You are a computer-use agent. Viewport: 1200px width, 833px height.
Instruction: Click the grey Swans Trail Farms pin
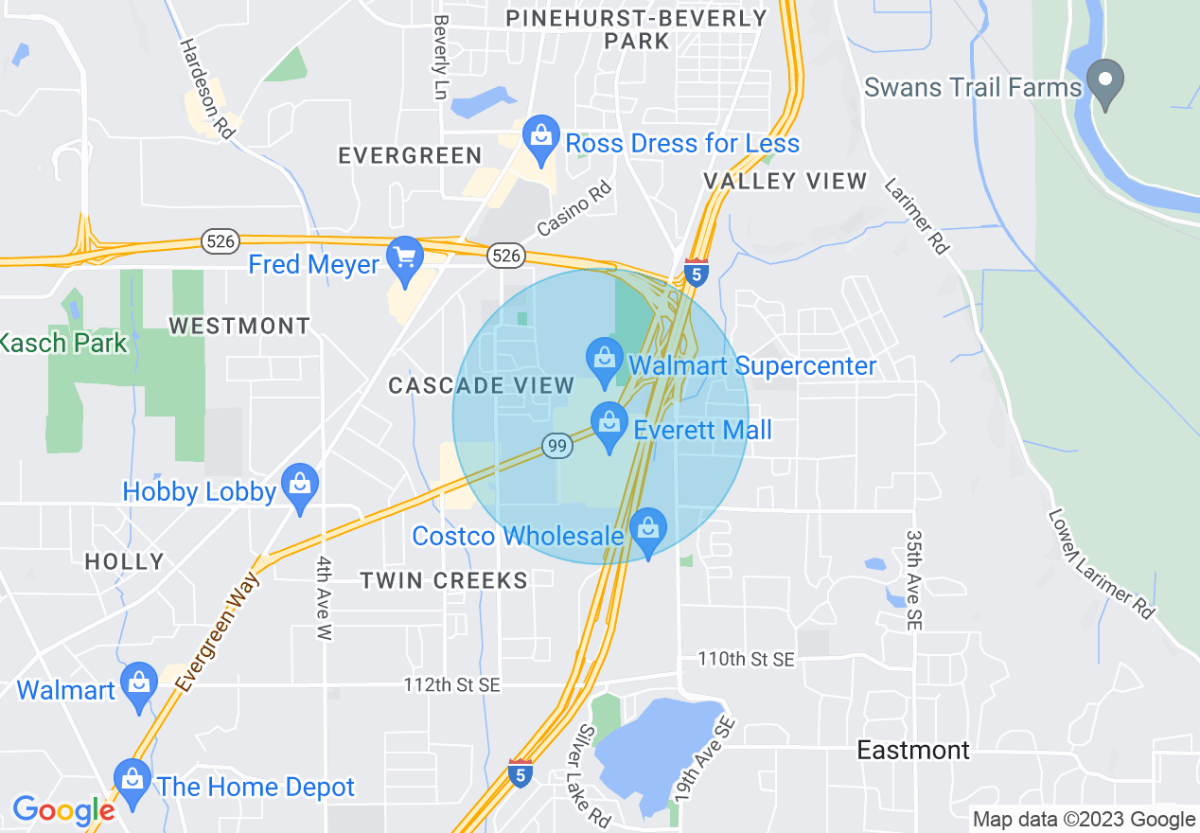point(1104,83)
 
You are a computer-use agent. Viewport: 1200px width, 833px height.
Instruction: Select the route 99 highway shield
point(555,444)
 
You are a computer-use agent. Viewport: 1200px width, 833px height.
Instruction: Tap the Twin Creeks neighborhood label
point(444,580)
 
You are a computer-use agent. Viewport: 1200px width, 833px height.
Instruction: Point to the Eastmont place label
point(913,751)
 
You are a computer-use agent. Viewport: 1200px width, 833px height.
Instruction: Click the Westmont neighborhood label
point(239,327)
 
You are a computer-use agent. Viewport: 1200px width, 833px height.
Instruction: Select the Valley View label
point(785,181)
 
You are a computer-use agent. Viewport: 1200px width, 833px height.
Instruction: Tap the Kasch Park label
point(62,343)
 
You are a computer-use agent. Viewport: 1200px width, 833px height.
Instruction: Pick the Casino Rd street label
point(574,209)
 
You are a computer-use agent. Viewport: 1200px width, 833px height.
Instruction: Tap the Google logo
point(63,811)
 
